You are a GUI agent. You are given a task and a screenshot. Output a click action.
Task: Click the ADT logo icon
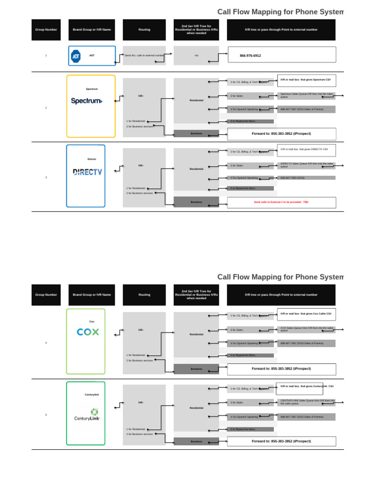click(x=76, y=56)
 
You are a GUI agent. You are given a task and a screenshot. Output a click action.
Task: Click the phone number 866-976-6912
click(x=250, y=56)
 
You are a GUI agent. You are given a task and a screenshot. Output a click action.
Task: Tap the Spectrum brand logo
click(x=87, y=101)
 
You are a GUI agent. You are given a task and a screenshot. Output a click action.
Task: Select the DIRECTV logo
click(x=87, y=171)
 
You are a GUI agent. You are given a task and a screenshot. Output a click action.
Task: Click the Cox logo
click(x=88, y=332)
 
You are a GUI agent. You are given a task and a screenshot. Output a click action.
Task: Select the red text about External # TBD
click(x=281, y=202)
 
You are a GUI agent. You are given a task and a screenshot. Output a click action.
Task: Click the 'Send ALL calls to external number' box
click(x=144, y=56)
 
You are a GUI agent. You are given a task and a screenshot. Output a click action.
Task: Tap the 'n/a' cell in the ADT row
click(x=196, y=56)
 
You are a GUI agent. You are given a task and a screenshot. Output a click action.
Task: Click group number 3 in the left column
click(x=46, y=177)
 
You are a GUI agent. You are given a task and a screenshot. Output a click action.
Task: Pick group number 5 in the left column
click(x=46, y=415)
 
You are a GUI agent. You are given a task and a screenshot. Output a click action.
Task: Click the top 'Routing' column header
click(x=144, y=30)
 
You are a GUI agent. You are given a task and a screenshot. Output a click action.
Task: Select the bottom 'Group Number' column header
click(x=46, y=295)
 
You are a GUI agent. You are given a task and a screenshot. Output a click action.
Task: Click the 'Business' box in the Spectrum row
click(x=196, y=133)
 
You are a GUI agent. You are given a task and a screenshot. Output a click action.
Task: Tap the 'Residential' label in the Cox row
click(x=196, y=334)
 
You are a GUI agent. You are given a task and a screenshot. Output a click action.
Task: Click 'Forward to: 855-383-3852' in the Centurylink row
click(x=281, y=441)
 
